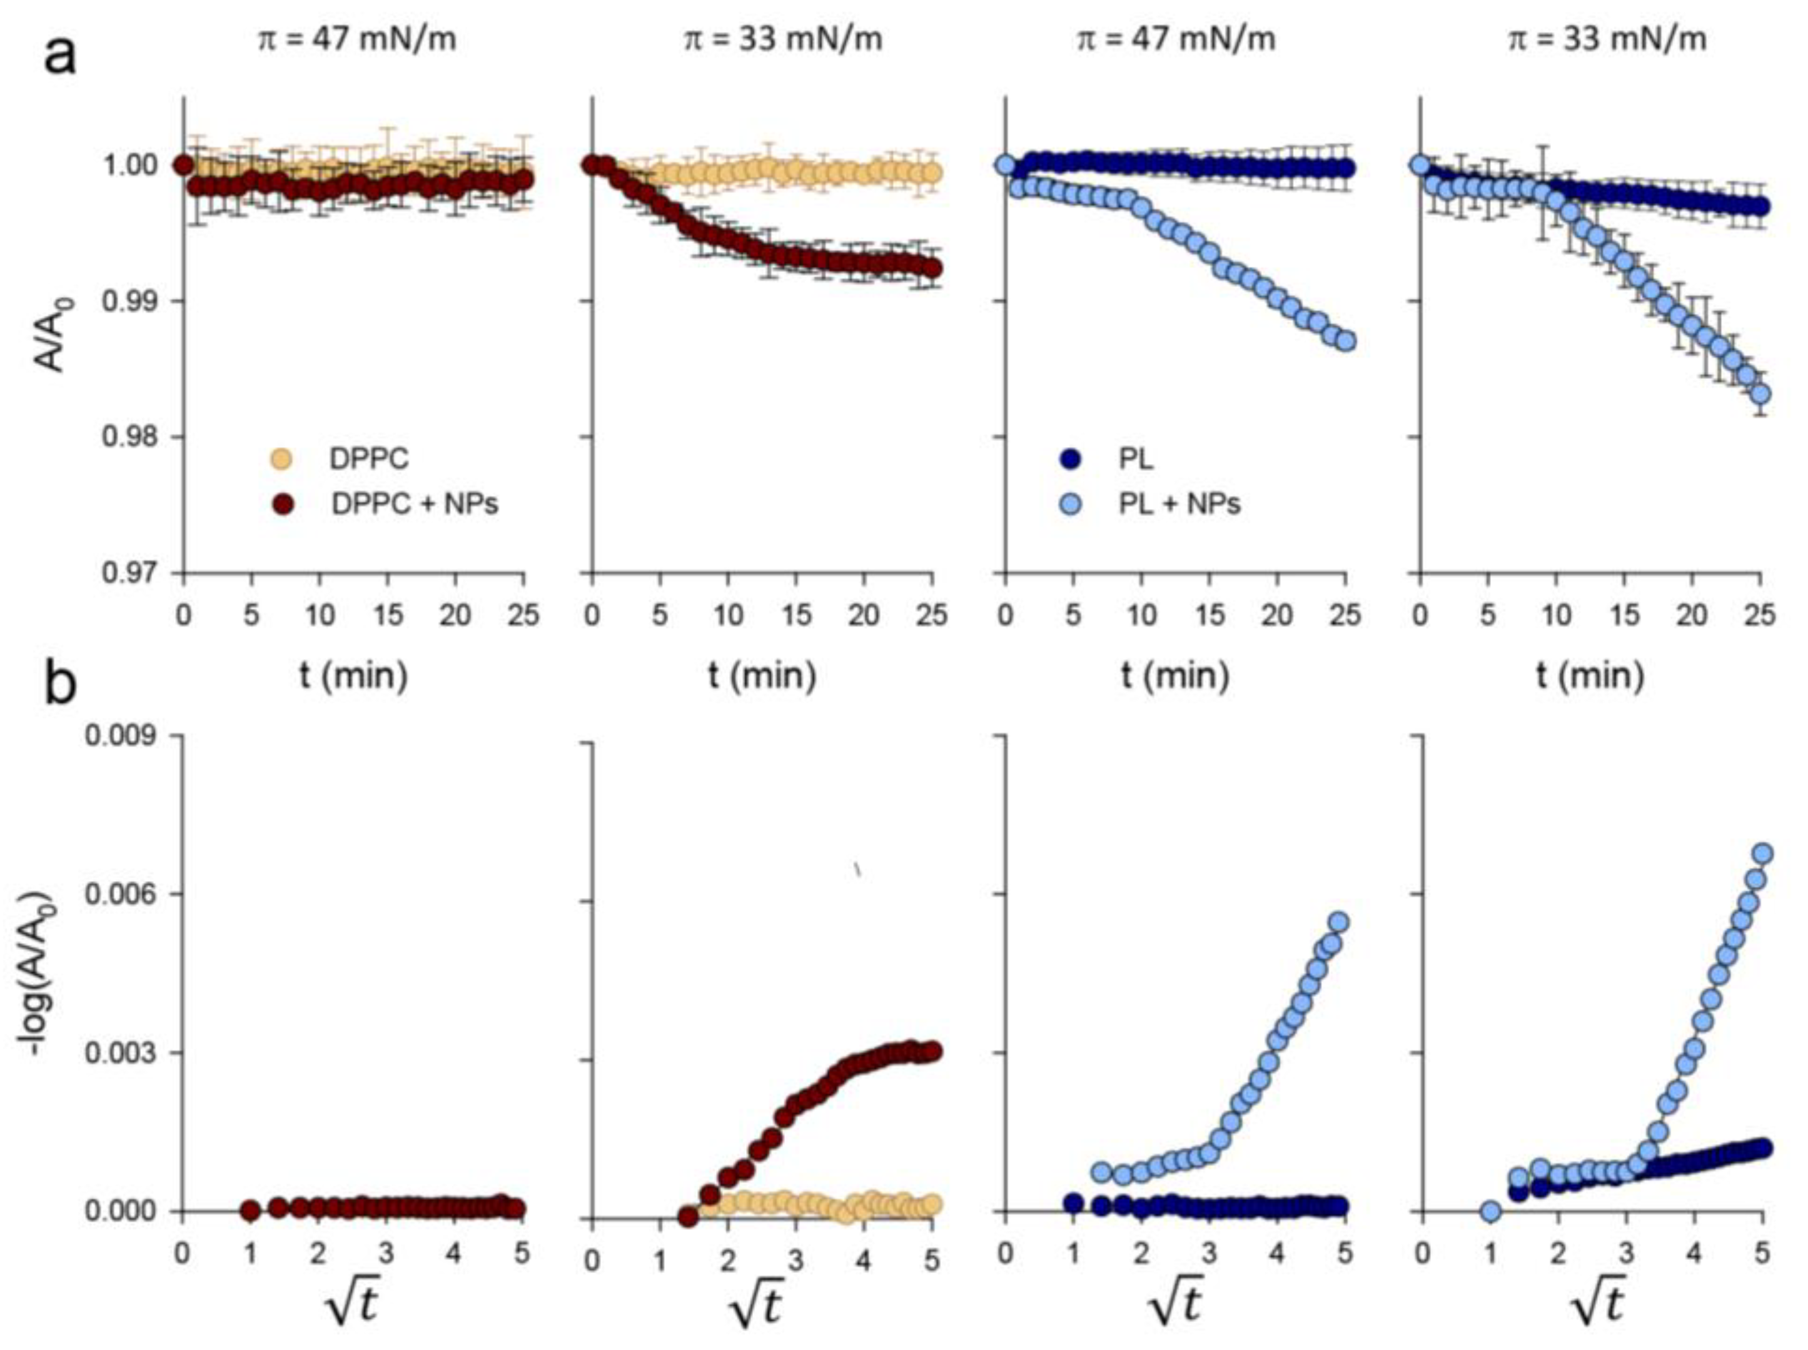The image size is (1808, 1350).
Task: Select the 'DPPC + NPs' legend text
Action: pos(415,504)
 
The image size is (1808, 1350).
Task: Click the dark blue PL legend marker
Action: pos(1069,458)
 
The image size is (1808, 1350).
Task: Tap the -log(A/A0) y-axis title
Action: pos(40,972)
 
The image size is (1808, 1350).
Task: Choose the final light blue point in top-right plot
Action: pos(1762,395)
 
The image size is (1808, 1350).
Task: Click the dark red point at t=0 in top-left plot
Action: pos(184,165)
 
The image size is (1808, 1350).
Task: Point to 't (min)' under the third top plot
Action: pos(1174,675)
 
